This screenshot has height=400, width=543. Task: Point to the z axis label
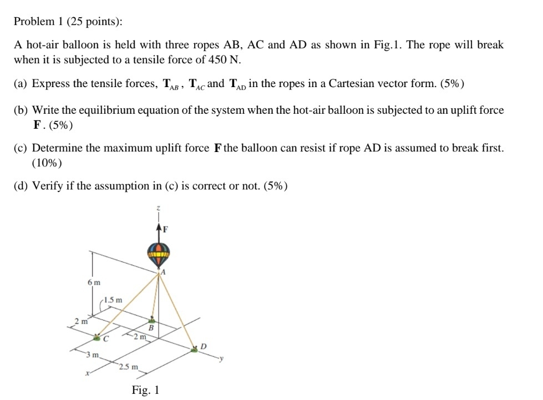tap(159, 207)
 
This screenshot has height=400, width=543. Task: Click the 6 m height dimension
tap(94, 282)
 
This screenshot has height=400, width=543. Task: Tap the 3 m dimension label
tap(92, 354)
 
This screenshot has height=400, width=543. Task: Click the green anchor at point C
tap(99, 336)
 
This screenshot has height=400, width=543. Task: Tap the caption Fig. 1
tap(146, 390)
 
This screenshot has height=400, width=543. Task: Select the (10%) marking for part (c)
tap(47, 163)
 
